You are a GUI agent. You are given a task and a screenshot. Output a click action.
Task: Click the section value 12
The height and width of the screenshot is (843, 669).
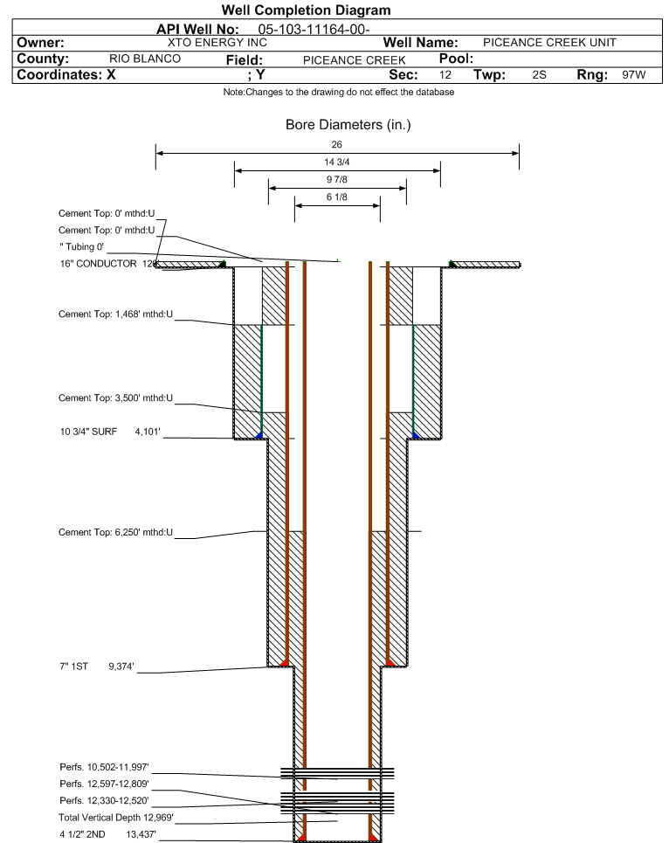click(x=445, y=75)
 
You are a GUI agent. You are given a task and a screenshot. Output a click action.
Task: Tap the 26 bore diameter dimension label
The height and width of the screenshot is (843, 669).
click(x=337, y=144)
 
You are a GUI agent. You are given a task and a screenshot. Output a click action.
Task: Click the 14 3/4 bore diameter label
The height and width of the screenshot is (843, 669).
click(x=337, y=162)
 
